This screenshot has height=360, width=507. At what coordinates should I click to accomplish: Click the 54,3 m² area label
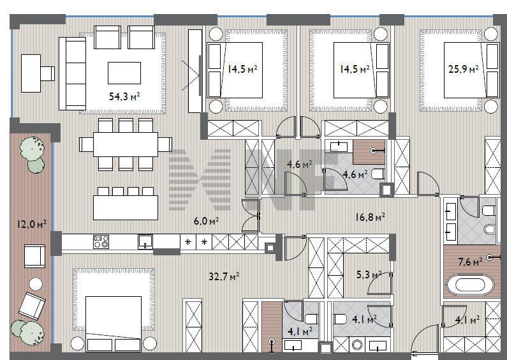tap(124, 96)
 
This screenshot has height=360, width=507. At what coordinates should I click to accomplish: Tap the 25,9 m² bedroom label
tap(464, 69)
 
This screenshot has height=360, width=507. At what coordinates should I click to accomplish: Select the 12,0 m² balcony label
tap(32, 223)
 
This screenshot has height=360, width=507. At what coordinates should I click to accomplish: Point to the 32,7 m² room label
tap(224, 276)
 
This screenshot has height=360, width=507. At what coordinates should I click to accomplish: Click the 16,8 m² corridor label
tap(370, 216)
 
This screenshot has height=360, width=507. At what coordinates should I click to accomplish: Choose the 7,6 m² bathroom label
tap(471, 261)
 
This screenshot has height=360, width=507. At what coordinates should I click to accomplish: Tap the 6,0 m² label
tap(206, 221)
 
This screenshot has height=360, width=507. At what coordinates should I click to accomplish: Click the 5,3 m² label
tap(369, 275)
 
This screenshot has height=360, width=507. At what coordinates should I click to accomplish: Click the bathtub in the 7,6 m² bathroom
tap(470, 285)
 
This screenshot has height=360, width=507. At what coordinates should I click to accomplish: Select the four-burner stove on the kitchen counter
tap(101, 242)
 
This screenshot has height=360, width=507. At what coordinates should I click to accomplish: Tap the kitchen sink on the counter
tap(145, 242)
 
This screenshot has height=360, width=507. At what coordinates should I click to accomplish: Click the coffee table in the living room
tap(124, 73)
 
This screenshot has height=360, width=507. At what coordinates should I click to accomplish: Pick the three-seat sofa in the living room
tap(73, 73)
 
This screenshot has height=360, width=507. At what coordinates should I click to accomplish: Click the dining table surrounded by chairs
tap(126, 144)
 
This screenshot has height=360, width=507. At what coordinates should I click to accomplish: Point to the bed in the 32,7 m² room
tap(114, 324)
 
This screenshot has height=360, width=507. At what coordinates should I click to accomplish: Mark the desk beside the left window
tap(31, 73)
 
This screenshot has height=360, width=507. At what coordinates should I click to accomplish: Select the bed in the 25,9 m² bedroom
tap(471, 70)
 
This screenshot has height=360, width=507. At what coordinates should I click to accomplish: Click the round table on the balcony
tap(36, 284)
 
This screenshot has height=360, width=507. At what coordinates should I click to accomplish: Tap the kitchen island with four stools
tap(126, 207)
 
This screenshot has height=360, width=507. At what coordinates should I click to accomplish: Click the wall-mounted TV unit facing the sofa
tap(195, 71)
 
